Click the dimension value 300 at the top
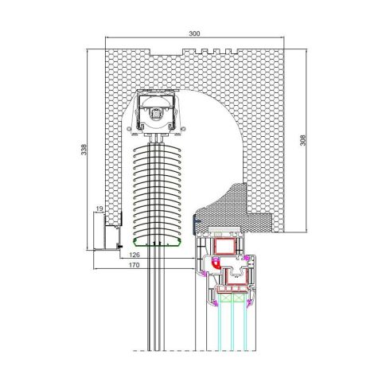click(x=194, y=35)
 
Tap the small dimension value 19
click(x=99, y=209)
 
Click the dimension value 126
click(x=134, y=255)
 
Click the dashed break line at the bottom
click(x=199, y=351)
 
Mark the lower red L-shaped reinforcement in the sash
click(x=234, y=277)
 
